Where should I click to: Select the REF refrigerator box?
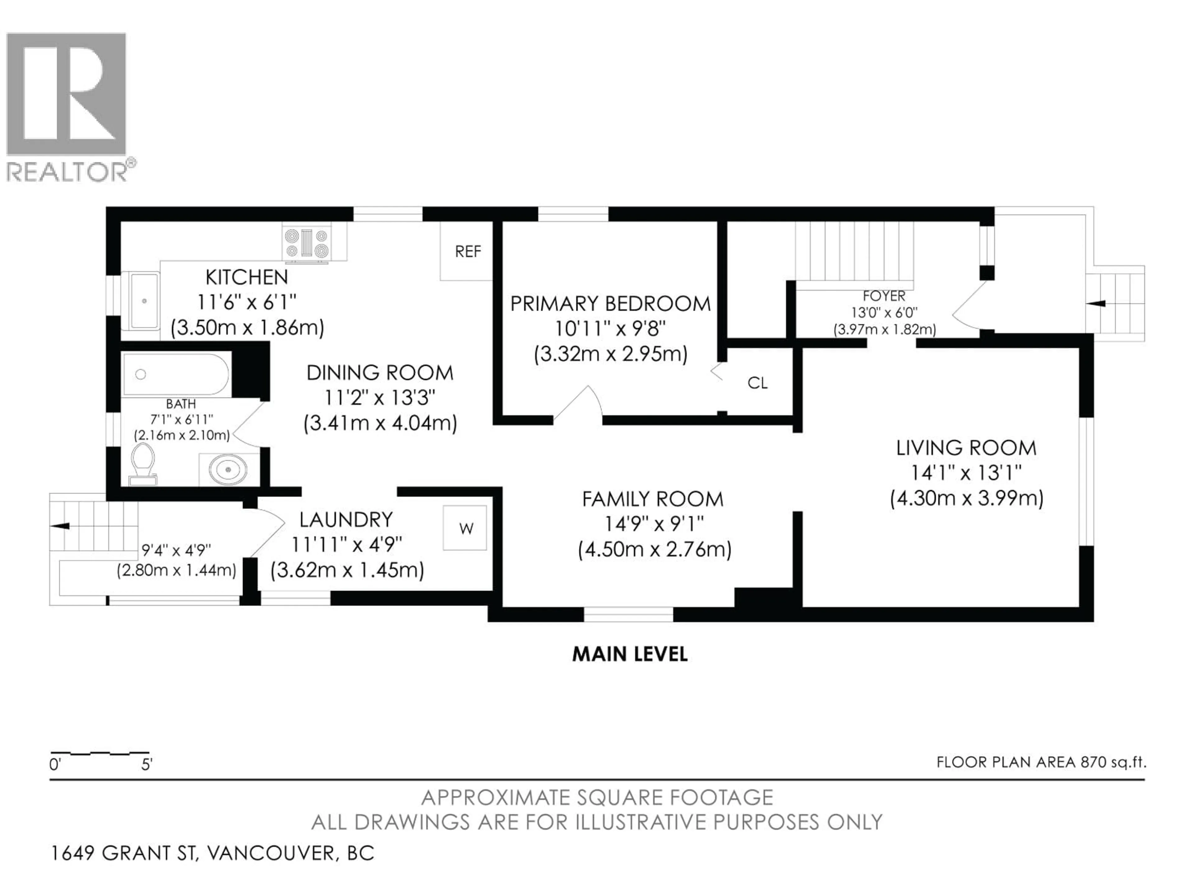(x=467, y=252)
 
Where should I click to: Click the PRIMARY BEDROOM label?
(x=610, y=304)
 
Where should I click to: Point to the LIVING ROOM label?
(x=966, y=448)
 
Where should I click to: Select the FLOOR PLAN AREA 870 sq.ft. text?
(x=1041, y=762)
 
